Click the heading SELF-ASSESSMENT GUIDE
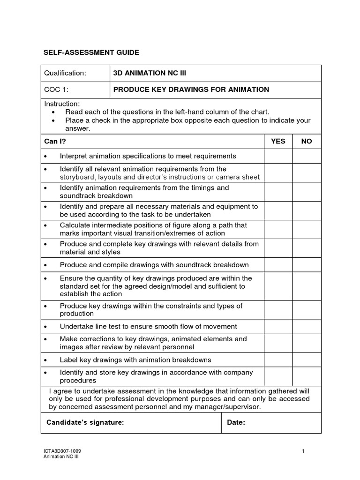(91, 52)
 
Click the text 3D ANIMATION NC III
(153, 73)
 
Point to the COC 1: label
(56, 90)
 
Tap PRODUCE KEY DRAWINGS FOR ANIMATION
(191, 90)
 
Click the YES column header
(278, 141)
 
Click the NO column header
(307, 141)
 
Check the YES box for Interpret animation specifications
(278, 156)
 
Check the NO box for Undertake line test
(307, 326)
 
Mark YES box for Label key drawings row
(278, 360)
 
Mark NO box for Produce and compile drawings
(307, 265)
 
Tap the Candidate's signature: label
(85, 423)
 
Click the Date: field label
(236, 423)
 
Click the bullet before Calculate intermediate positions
(45, 225)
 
